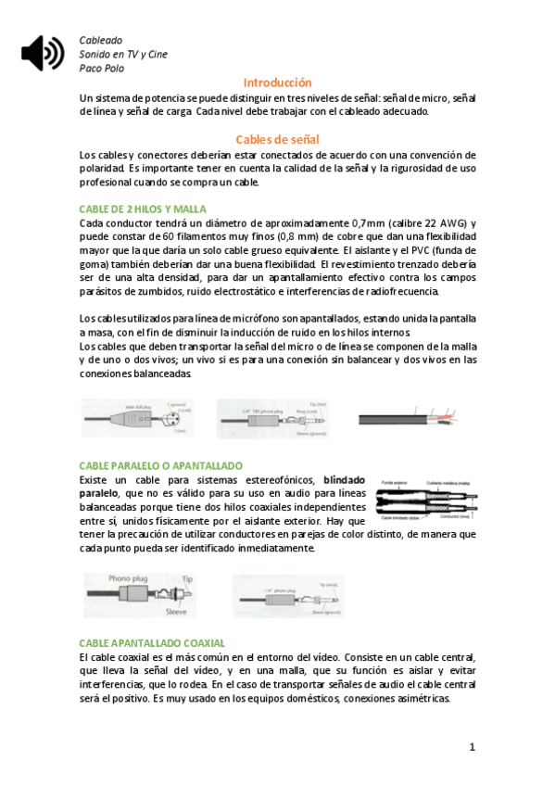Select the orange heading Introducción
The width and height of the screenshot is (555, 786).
point(277,82)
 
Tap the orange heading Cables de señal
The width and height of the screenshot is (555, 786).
point(278,139)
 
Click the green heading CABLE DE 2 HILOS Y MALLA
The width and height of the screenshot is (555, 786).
point(143,209)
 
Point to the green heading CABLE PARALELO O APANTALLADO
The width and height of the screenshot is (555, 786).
point(160,465)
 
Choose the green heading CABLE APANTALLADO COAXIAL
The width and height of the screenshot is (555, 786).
point(152,642)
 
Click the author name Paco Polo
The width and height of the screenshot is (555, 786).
point(102,68)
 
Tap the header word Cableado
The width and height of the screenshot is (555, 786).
point(101,41)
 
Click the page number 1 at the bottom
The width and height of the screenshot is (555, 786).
point(472,747)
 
